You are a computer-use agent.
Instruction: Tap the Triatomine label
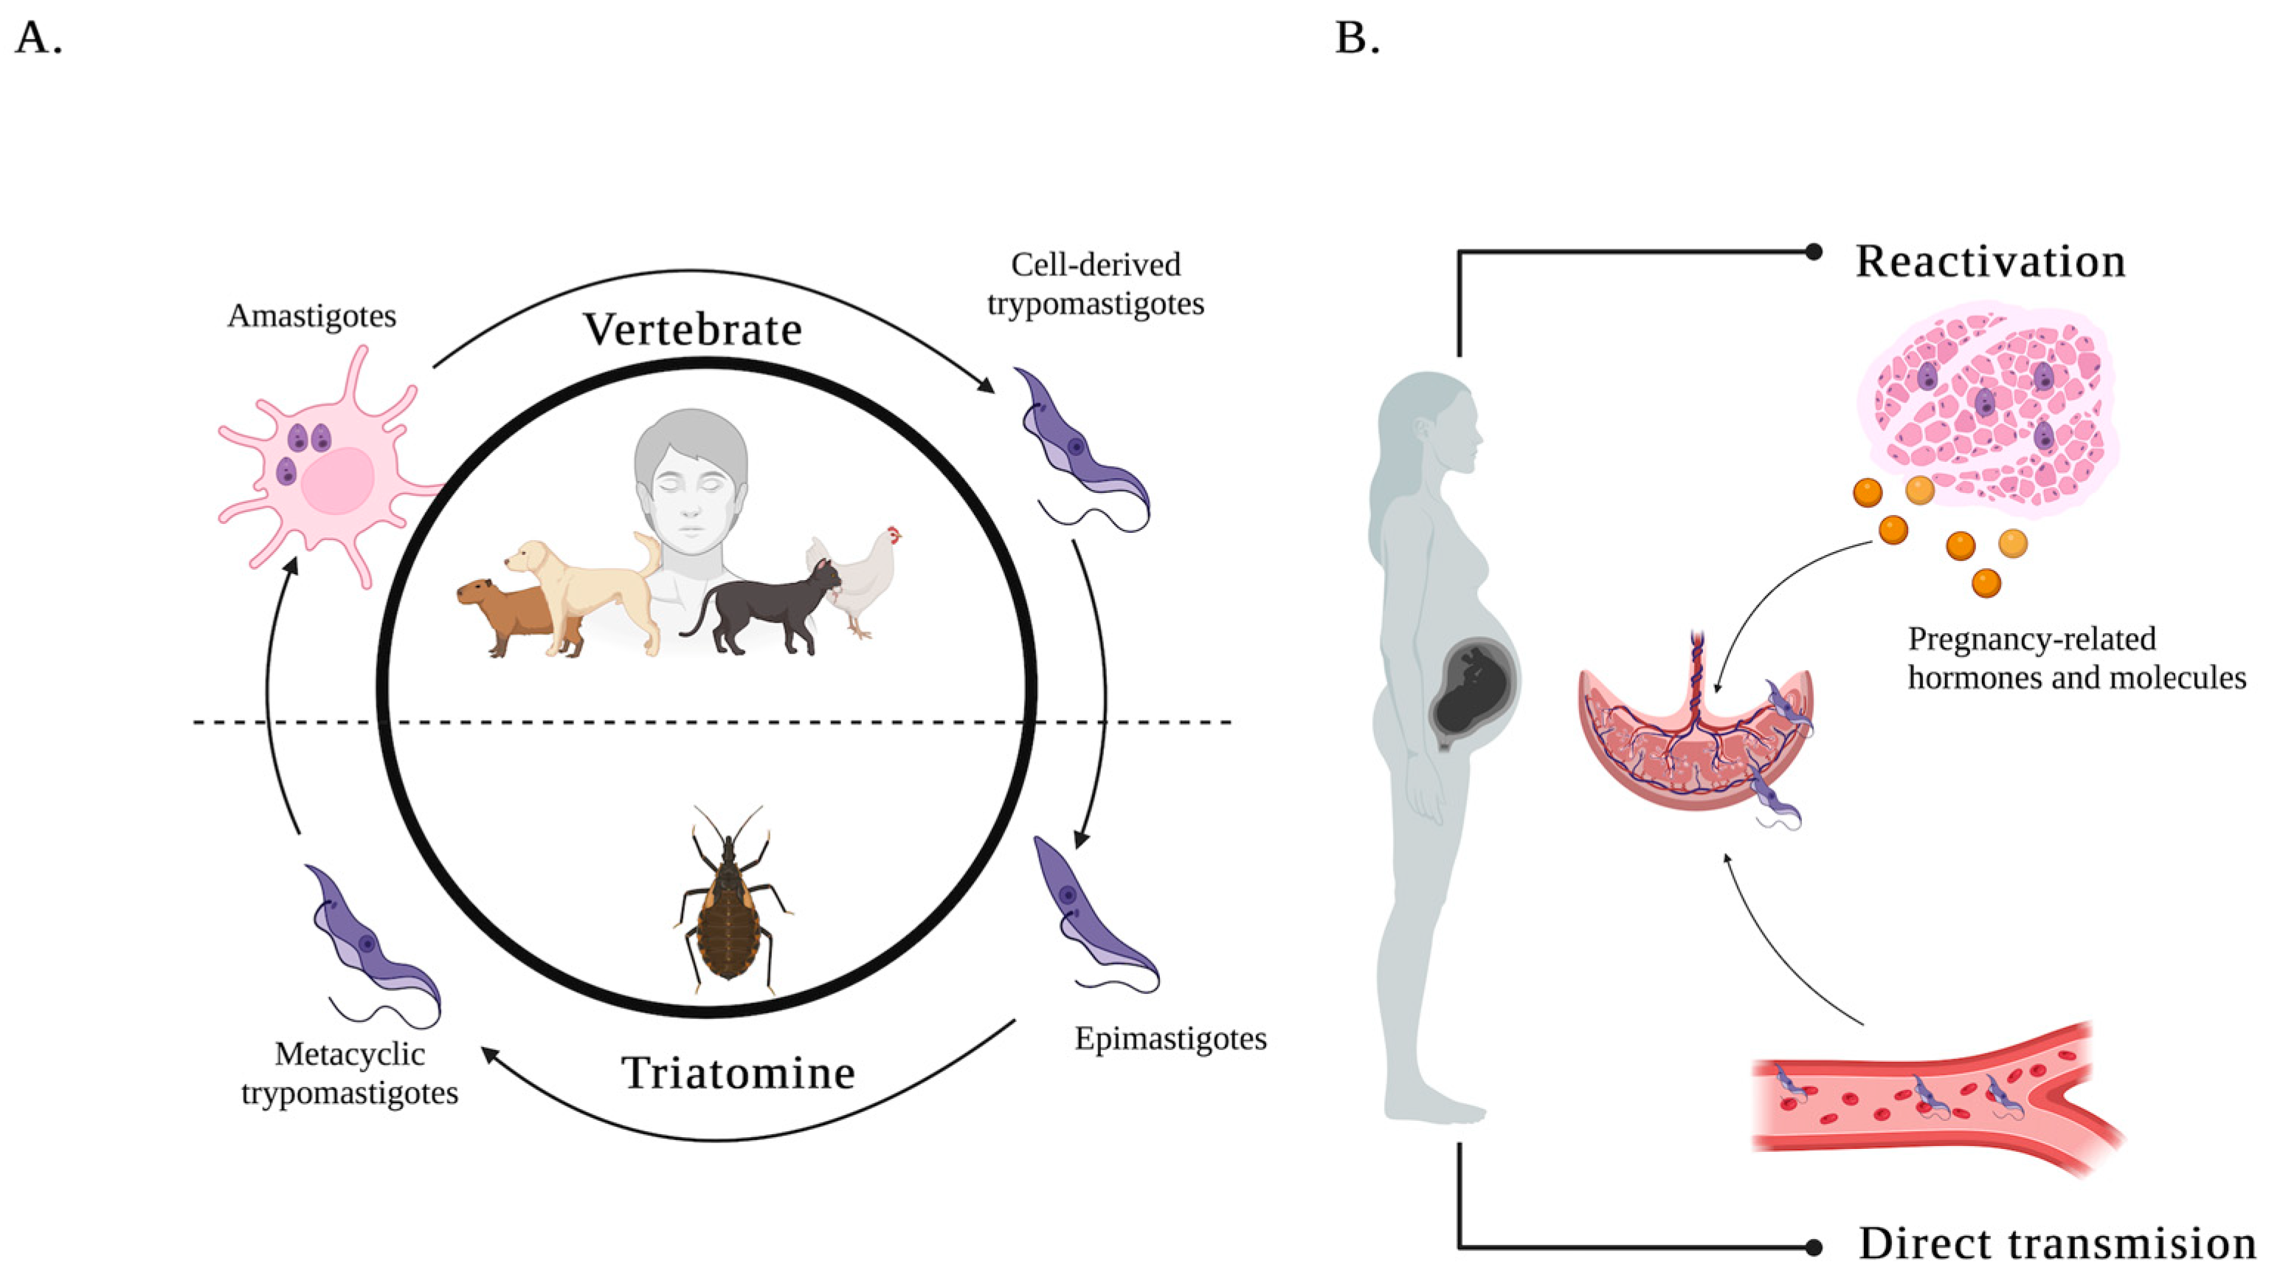pyautogui.click(x=738, y=1073)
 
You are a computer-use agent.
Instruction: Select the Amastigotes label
pyautogui.click(x=311, y=316)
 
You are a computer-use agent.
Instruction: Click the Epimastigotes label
pyautogui.click(x=1170, y=1039)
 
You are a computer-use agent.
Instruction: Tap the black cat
pyautogui.click(x=767, y=609)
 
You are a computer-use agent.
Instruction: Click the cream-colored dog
pyautogui.click(x=591, y=591)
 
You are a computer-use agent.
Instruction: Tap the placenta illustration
pyautogui.click(x=1693, y=750)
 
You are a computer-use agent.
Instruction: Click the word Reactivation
pyautogui.click(x=1990, y=262)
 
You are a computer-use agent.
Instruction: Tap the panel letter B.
pyautogui.click(x=1356, y=38)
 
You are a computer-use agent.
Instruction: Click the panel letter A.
pyautogui.click(x=38, y=38)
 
